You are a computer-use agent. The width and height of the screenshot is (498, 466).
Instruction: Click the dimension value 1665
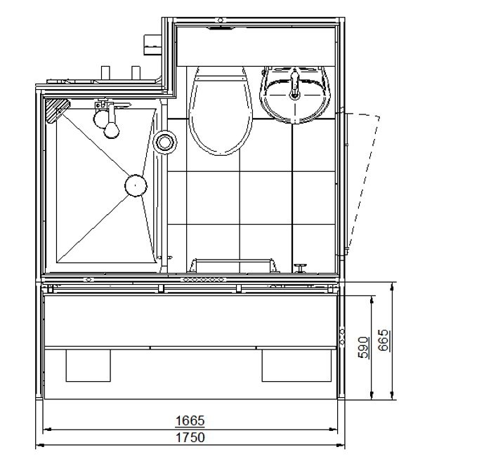(190, 420)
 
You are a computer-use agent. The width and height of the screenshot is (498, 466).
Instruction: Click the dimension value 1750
(190, 437)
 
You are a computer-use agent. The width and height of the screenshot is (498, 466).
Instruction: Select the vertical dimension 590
(364, 347)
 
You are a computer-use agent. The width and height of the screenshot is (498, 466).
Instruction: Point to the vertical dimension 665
(384, 340)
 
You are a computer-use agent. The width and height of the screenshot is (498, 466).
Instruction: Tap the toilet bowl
(221, 111)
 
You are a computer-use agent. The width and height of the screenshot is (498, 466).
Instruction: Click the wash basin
(294, 95)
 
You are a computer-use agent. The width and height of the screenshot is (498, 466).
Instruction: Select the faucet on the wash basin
(295, 85)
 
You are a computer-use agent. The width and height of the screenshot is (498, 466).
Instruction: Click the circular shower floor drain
(136, 185)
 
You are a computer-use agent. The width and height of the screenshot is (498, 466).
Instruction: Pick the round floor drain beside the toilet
(165, 142)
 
